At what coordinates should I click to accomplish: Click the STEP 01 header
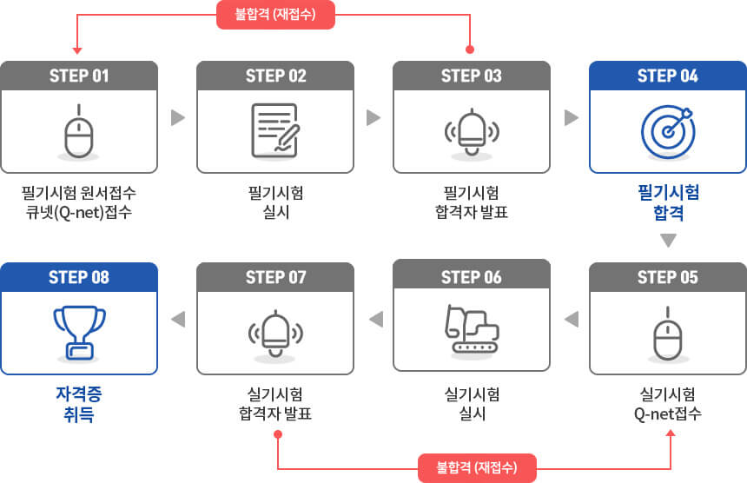[x=79, y=76]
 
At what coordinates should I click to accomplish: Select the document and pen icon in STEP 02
[x=275, y=130]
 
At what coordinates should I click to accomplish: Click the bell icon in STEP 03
[x=472, y=132]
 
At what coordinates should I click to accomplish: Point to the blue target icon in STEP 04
[x=668, y=132]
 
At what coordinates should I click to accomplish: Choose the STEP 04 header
[x=668, y=76]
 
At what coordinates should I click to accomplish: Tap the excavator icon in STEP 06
[x=472, y=329]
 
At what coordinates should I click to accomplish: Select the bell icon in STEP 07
[x=275, y=334]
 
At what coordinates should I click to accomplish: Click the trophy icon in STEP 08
[x=79, y=333]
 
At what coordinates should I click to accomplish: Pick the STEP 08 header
[x=79, y=277]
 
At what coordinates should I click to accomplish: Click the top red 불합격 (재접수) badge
[x=276, y=15]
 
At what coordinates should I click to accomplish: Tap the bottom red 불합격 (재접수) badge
[x=478, y=467]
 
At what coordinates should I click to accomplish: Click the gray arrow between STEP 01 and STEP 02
[x=178, y=117]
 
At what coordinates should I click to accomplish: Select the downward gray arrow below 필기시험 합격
[x=669, y=241]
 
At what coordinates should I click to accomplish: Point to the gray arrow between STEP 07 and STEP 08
[x=178, y=319]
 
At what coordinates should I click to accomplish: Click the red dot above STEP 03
[x=470, y=50]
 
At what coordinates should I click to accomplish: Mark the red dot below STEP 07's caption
[x=278, y=434]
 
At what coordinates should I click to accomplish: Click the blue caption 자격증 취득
[x=79, y=404]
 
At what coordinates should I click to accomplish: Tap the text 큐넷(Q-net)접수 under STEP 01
[x=79, y=212]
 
